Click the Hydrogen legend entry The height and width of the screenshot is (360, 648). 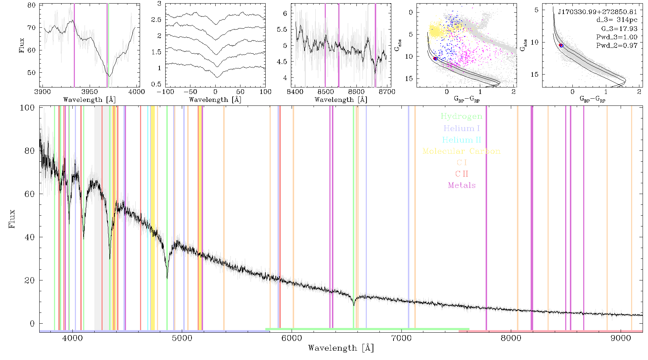coord(461,117)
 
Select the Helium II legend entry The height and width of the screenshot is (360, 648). coord(462,140)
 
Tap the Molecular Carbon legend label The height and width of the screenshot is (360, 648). coord(462,151)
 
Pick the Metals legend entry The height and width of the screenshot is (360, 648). coord(462,185)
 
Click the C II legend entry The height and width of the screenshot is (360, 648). coord(462,174)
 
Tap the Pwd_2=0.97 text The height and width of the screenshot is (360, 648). coord(617,46)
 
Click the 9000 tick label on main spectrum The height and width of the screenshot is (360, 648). coord(621,338)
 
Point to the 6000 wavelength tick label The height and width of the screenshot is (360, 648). coord(292,338)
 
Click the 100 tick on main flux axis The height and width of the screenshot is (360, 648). coord(27,108)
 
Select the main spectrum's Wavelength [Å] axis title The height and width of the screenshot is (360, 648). coord(341,348)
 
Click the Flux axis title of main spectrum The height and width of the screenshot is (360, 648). coord(12,219)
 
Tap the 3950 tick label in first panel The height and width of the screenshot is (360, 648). coord(90,91)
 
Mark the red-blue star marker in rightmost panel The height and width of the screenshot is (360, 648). coord(561,45)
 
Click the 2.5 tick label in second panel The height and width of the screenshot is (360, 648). coord(157,19)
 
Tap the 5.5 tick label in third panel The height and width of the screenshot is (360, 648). coord(282,30)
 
